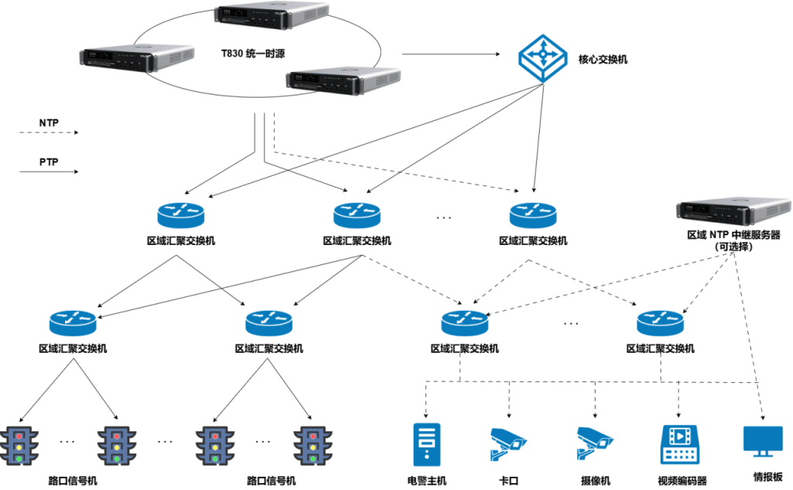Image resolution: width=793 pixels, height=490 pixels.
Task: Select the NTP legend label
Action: click(x=49, y=122)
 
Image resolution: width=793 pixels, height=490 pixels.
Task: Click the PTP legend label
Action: click(x=49, y=163)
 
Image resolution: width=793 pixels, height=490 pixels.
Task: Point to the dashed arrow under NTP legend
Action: click(x=49, y=133)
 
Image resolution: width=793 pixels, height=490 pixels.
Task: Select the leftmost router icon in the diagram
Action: click(x=73, y=320)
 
